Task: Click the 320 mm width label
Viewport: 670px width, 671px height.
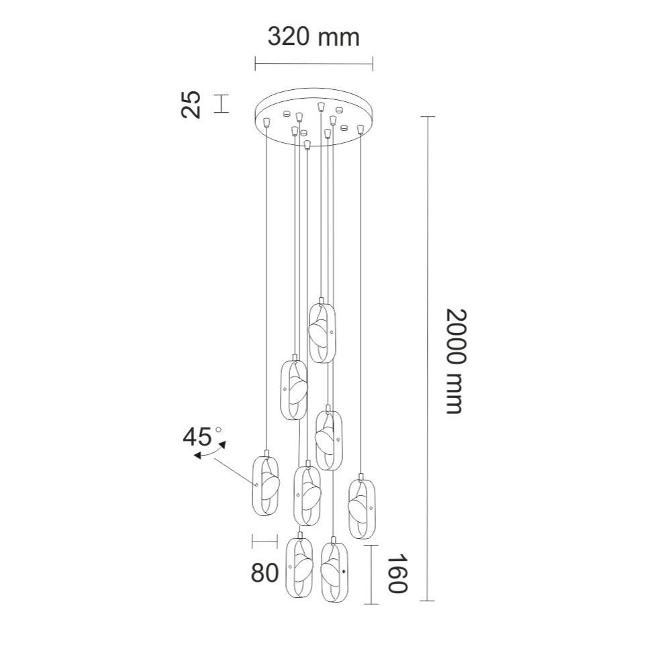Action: tap(314, 37)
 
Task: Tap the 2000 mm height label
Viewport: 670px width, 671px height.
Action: tap(454, 361)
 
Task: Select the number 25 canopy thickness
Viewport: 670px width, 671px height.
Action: tap(191, 104)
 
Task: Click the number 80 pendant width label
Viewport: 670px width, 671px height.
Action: tap(265, 572)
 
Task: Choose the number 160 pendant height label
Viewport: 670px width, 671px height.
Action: tap(397, 574)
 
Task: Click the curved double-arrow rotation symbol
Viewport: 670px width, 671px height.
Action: tap(209, 451)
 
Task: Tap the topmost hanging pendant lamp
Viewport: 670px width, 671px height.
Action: tap(322, 331)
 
